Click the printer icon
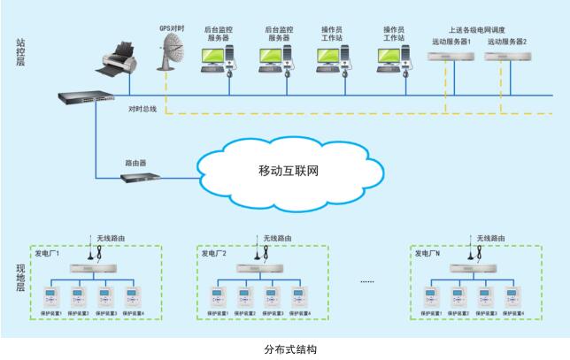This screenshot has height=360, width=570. tap(120, 58)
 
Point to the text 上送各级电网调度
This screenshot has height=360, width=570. tap(479, 29)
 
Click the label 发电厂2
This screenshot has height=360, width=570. tap(214, 254)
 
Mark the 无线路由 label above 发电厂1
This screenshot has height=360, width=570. tap(111, 238)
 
